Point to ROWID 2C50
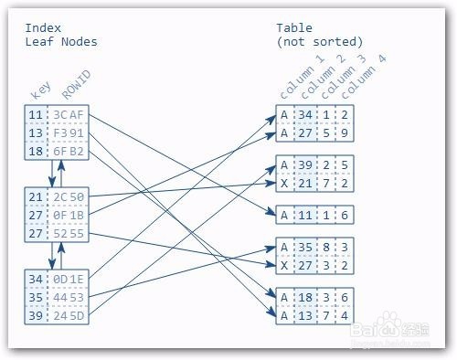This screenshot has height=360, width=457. click(69, 197)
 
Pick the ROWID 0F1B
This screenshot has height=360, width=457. click(69, 215)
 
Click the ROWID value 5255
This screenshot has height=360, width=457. click(69, 232)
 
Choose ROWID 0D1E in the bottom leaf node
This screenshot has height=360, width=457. click(69, 280)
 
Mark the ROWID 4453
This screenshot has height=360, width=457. click(69, 297)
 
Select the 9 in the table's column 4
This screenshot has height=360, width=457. click(345, 132)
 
